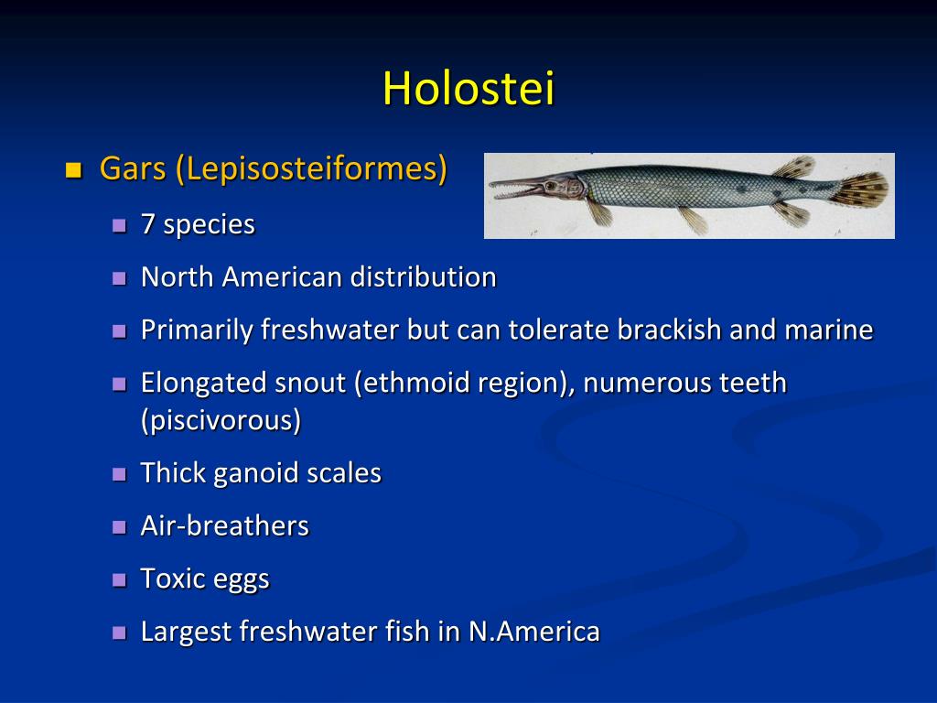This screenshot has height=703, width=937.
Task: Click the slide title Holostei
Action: (468, 89)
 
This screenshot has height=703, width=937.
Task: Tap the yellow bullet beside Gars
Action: (74, 169)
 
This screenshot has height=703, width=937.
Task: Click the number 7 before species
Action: (147, 224)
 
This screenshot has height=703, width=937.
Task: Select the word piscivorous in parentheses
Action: (221, 420)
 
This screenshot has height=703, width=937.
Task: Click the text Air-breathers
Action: (224, 526)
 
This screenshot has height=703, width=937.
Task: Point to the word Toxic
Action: (173, 579)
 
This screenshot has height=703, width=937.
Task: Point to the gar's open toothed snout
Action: (517, 189)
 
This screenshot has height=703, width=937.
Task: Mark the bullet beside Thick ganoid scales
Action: (118, 474)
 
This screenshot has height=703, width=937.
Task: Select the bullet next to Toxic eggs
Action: (118, 580)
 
